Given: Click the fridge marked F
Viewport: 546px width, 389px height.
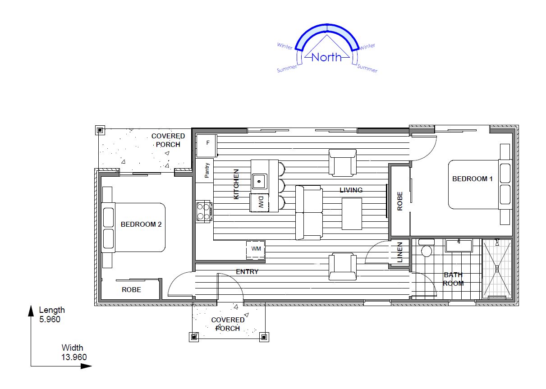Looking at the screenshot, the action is [x=206, y=146].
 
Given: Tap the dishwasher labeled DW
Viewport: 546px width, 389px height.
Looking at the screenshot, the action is [x=259, y=203].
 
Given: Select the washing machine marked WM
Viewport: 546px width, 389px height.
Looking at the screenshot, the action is [x=256, y=250].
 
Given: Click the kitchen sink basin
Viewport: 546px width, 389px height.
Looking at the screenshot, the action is [x=259, y=181].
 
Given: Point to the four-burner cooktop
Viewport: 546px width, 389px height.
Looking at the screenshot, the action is [x=204, y=211].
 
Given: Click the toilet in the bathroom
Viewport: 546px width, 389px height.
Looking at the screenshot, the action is [x=427, y=247].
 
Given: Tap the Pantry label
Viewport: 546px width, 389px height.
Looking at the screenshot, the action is [x=206, y=170].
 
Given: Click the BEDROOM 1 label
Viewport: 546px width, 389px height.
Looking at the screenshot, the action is [x=473, y=178].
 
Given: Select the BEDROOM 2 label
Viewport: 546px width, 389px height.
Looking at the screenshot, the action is [x=141, y=224].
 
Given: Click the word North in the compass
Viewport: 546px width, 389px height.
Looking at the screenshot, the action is [x=326, y=57].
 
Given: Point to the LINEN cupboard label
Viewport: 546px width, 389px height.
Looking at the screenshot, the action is [x=400, y=252].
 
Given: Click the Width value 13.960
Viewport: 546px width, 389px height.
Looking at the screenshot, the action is [x=74, y=357].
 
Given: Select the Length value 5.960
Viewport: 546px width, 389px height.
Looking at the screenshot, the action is [x=50, y=319].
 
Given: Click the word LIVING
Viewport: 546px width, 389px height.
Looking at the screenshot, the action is [x=351, y=190].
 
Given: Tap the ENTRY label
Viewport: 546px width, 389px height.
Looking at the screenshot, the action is [x=247, y=271].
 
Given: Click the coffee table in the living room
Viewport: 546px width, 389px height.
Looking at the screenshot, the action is [x=352, y=214].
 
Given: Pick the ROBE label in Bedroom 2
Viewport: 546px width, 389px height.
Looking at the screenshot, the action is [x=131, y=289].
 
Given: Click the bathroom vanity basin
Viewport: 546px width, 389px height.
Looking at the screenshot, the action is [x=459, y=246].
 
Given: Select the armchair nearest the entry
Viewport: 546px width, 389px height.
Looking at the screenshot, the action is [x=343, y=266].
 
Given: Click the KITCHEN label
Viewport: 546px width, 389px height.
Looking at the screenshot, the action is [x=236, y=184].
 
